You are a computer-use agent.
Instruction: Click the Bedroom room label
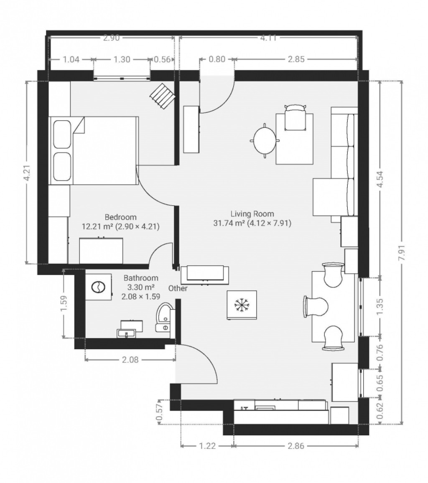[x=120, y=217]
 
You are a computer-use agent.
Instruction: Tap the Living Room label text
[x=252, y=214]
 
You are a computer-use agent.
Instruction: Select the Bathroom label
[x=141, y=278]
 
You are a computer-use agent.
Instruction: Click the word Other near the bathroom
[x=178, y=288]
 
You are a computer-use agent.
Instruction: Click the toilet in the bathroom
[x=164, y=317]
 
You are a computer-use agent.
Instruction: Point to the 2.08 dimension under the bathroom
[x=130, y=359]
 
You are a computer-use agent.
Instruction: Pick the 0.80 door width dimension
[x=217, y=59]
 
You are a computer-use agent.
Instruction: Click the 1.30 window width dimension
[x=122, y=59]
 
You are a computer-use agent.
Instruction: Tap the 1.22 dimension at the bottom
[x=207, y=446]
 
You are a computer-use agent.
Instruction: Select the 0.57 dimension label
[x=160, y=412]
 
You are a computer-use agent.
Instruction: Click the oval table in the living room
[x=265, y=140]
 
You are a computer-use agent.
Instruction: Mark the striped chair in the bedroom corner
[x=163, y=96]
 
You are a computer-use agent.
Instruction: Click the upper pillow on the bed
[x=63, y=135]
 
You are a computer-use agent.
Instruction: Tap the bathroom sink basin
[x=126, y=333]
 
